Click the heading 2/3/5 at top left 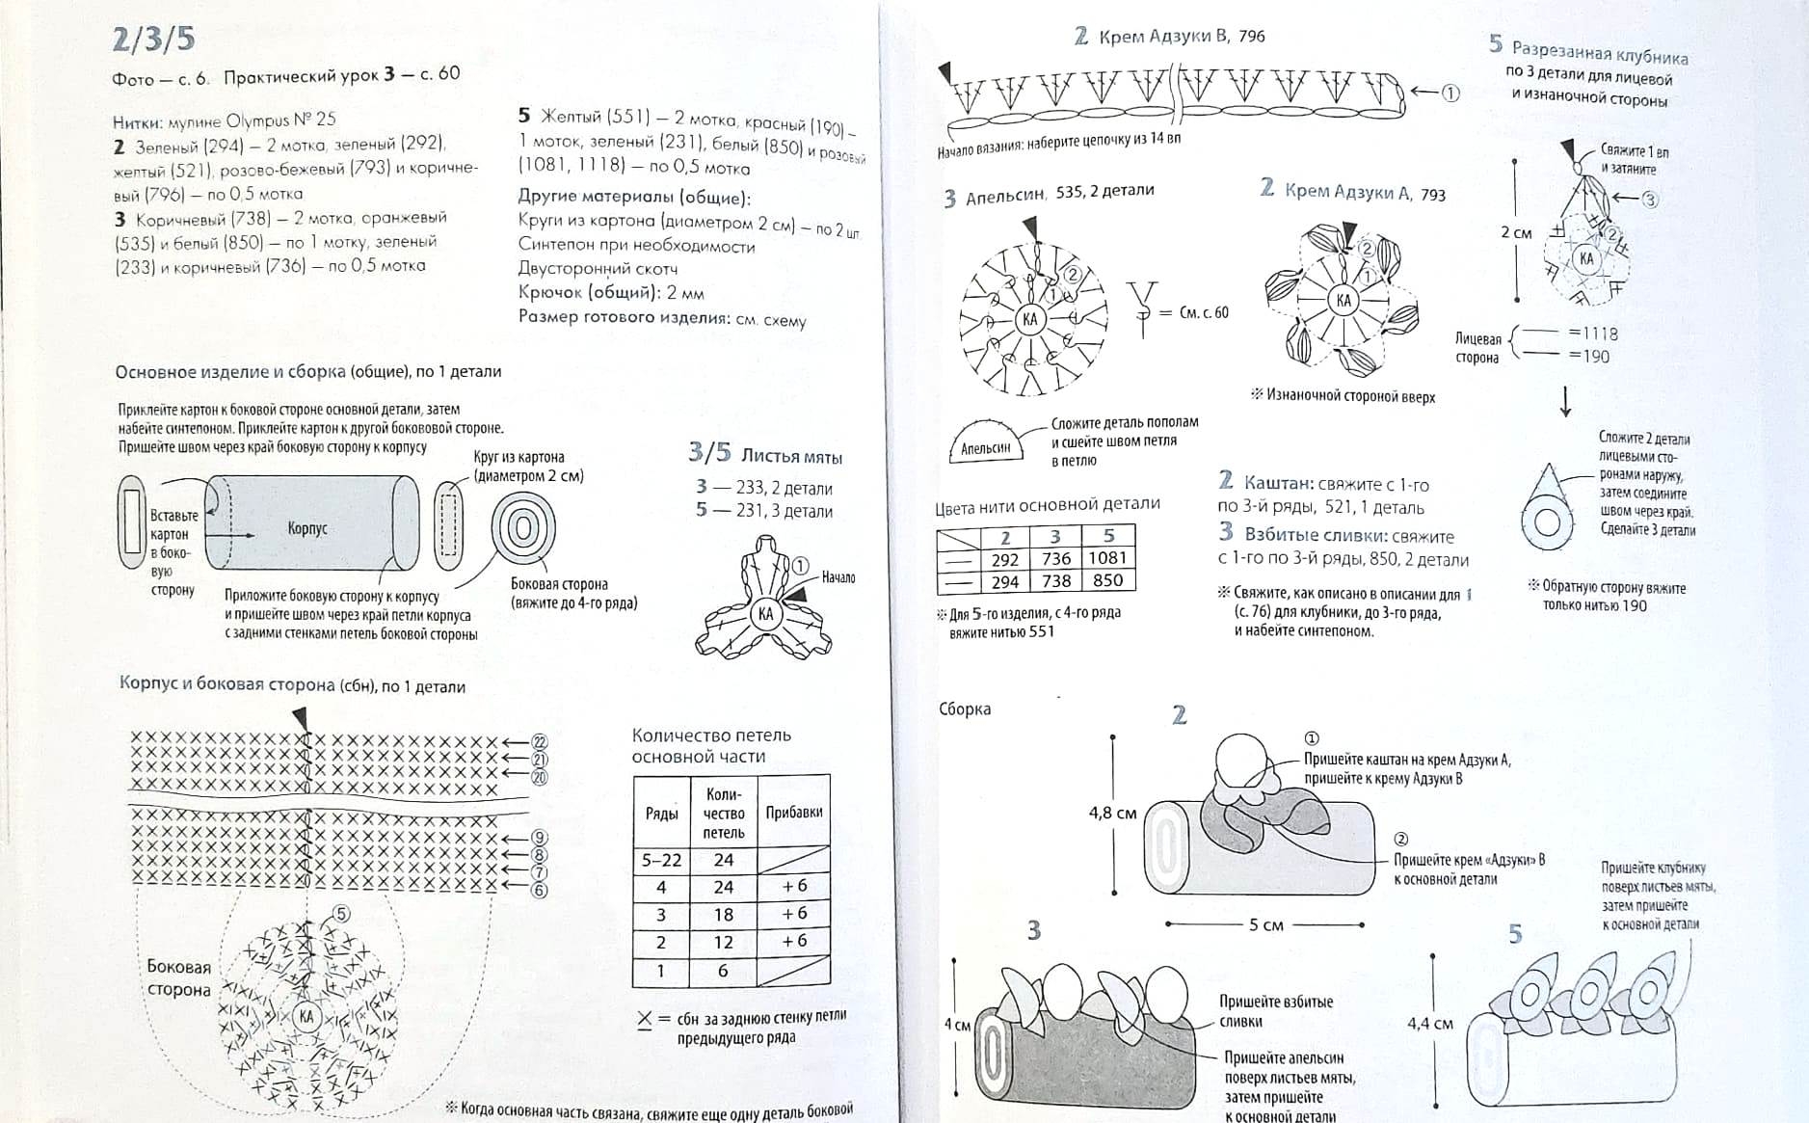tap(154, 39)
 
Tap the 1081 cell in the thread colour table tap(1107, 558)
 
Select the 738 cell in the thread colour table tap(1055, 581)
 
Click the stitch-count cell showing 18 tap(723, 915)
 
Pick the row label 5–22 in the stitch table tap(661, 860)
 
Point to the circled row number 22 tap(540, 741)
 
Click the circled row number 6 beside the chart tap(540, 890)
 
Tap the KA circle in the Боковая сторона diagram tap(306, 1016)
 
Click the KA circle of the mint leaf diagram tap(765, 614)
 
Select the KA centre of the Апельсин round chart tap(1029, 319)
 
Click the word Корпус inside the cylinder tap(307, 528)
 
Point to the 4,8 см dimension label tap(1112, 813)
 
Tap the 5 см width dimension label tap(1266, 924)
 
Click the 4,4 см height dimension tap(1429, 1023)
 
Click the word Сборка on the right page tap(964, 709)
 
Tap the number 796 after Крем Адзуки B tap(1252, 37)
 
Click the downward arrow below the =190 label tap(1565, 400)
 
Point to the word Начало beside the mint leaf tap(838, 577)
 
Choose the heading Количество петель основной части tap(711, 746)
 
